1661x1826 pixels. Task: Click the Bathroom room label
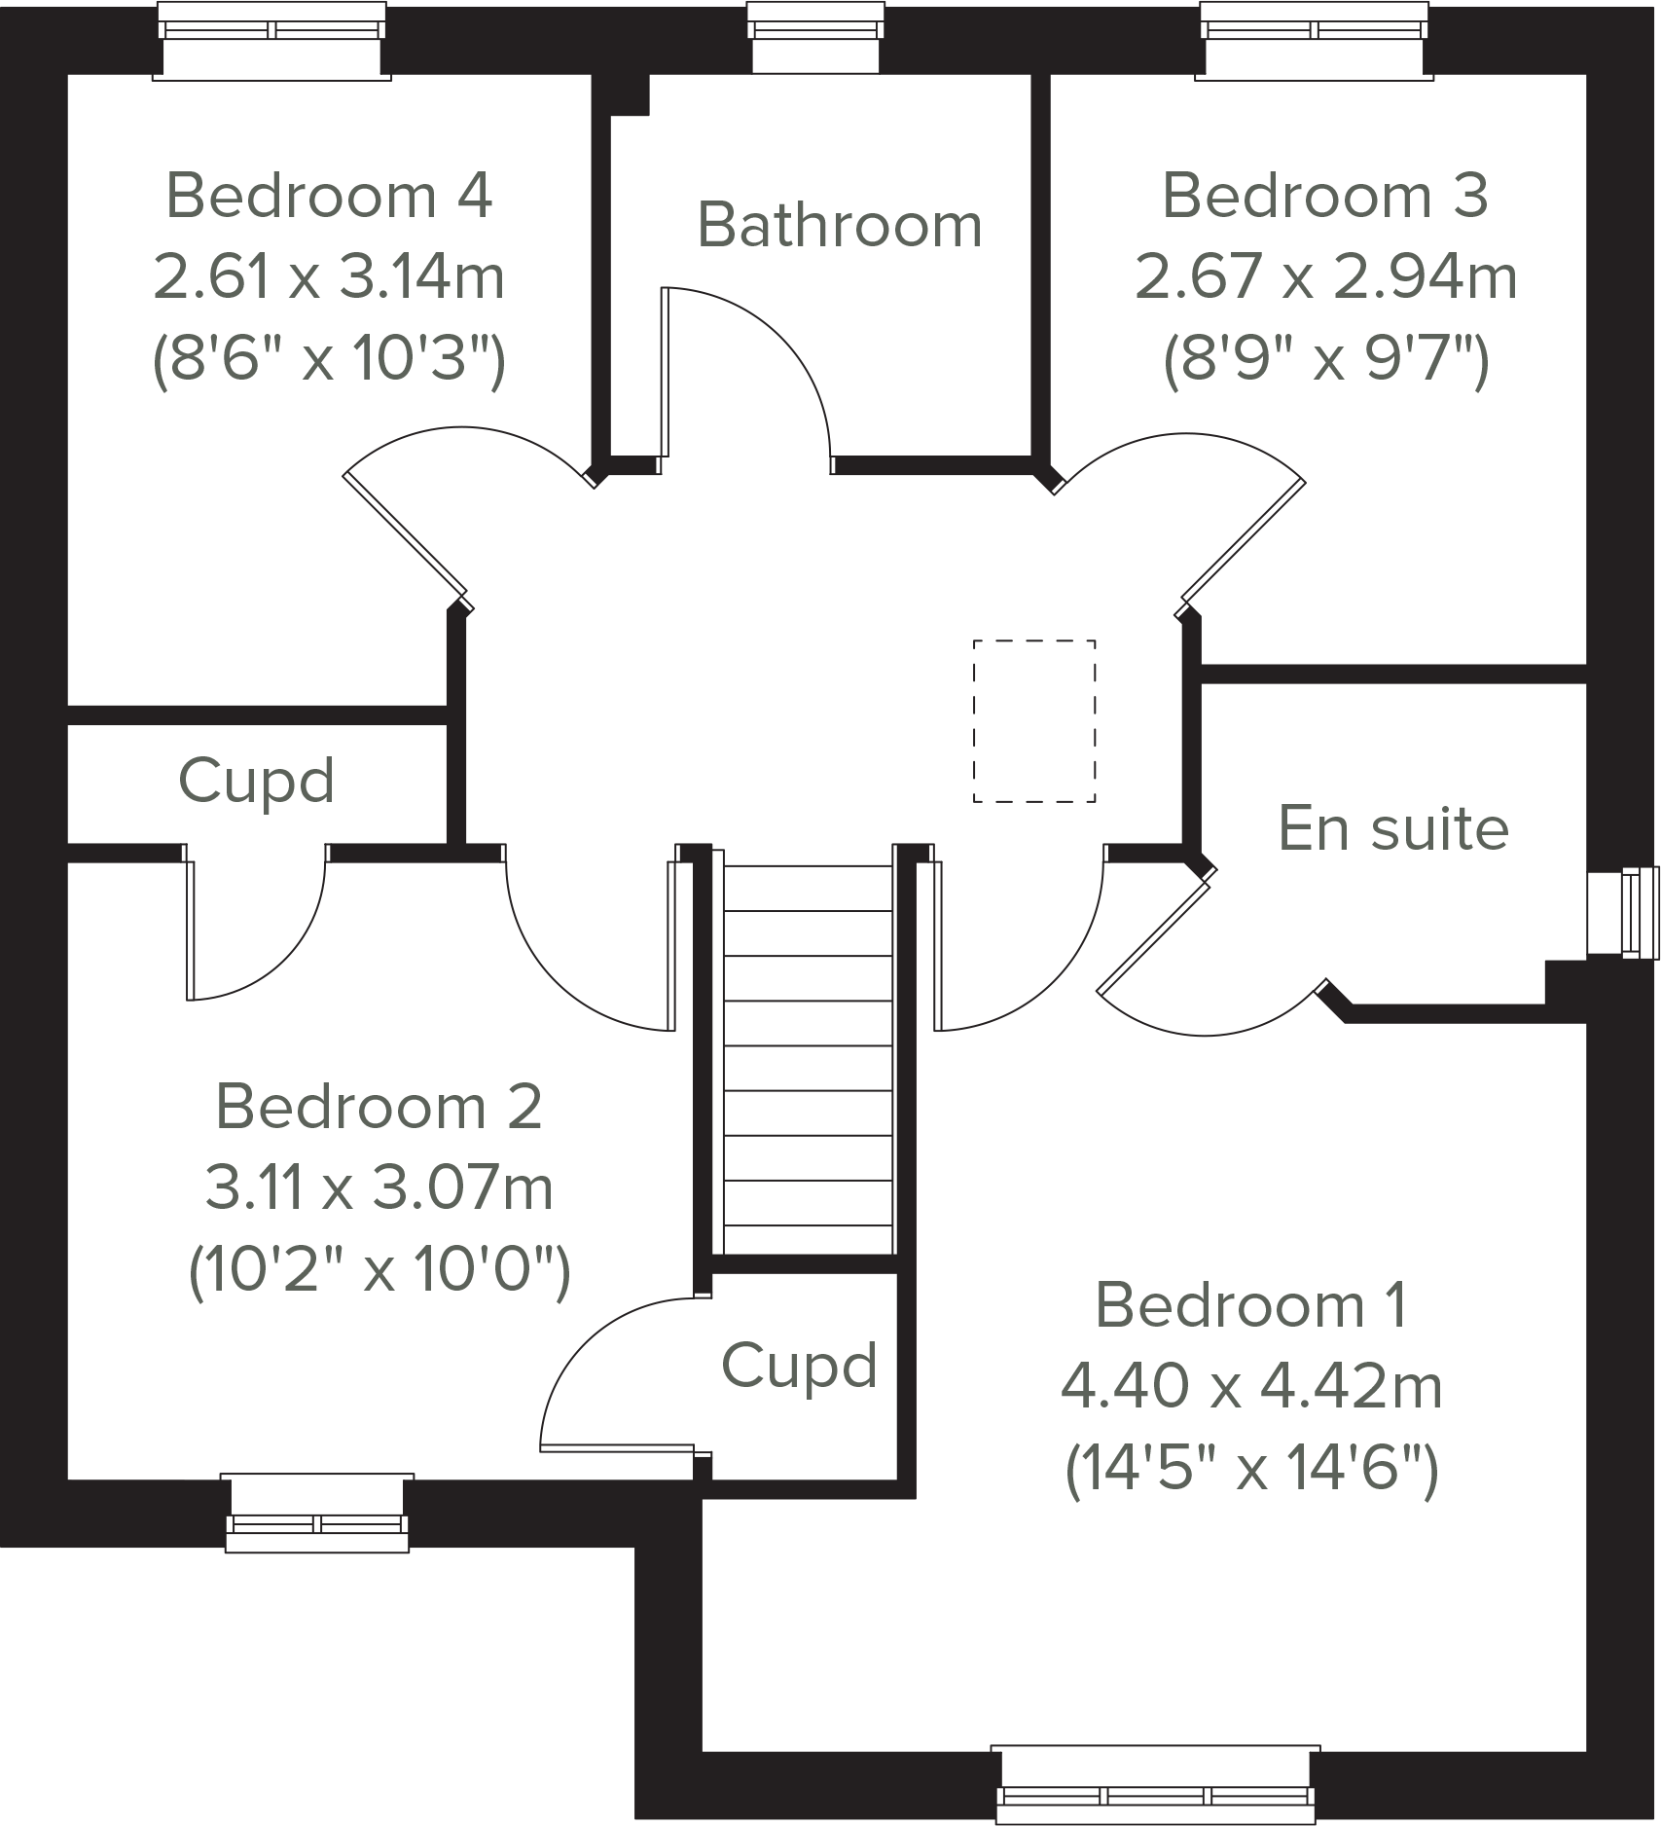(x=840, y=226)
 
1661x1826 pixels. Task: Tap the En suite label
(x=1393, y=828)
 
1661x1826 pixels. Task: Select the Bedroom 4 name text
(x=329, y=196)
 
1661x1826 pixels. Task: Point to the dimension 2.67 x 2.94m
(x=1325, y=277)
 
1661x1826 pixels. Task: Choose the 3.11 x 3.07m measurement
(x=379, y=1188)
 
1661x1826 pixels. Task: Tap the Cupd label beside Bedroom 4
(x=256, y=781)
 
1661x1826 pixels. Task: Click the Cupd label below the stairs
(x=799, y=1365)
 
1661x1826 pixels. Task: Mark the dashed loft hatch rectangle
(x=1034, y=721)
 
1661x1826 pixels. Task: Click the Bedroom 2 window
(x=317, y=1513)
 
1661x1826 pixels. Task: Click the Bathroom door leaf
(x=667, y=372)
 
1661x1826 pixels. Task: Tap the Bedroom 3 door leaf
(x=1243, y=540)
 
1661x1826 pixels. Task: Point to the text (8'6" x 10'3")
(x=329, y=361)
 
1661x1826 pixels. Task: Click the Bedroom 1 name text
(x=1251, y=1304)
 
